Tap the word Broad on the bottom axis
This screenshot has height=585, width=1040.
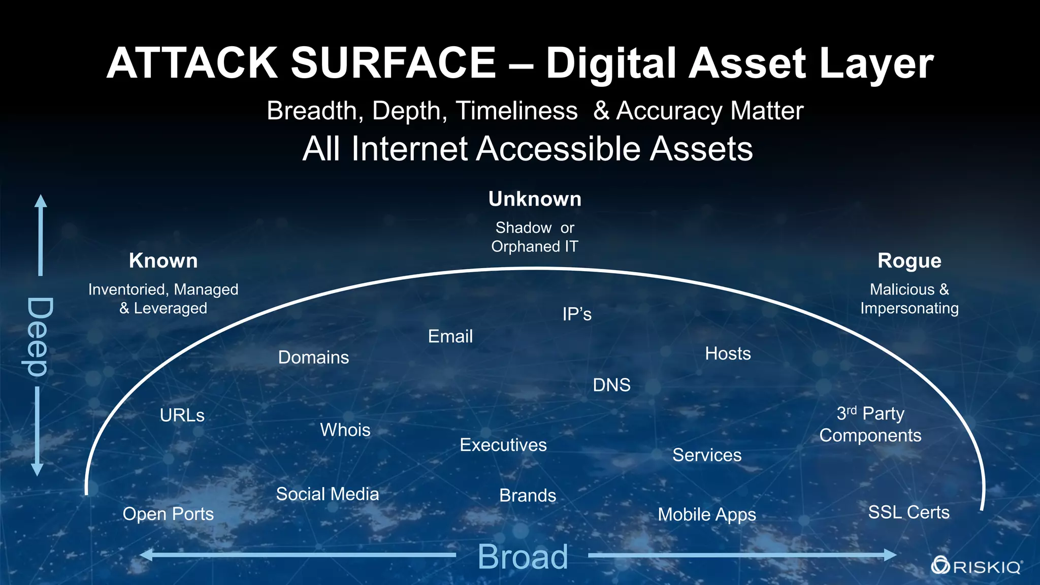(x=523, y=557)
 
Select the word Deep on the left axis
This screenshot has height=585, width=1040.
(x=38, y=337)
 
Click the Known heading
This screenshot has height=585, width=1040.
(x=163, y=261)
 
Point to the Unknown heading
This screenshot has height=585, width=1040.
(x=535, y=199)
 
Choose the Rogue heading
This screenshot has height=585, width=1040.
(x=909, y=261)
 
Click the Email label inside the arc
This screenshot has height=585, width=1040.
(x=450, y=336)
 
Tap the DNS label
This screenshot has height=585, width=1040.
(x=611, y=385)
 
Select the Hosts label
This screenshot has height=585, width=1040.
(x=728, y=353)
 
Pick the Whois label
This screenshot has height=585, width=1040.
(x=345, y=430)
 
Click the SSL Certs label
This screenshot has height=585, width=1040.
(x=908, y=512)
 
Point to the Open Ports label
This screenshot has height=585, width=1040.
(x=168, y=514)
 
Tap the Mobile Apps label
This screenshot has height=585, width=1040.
(x=707, y=514)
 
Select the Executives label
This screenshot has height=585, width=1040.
(x=503, y=445)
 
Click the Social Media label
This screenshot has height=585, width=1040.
(x=328, y=494)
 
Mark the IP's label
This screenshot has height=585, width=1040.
(x=577, y=314)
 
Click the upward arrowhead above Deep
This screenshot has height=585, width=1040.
(x=41, y=201)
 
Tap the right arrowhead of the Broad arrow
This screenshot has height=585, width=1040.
(x=890, y=555)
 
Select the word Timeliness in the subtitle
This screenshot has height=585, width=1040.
(x=516, y=111)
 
